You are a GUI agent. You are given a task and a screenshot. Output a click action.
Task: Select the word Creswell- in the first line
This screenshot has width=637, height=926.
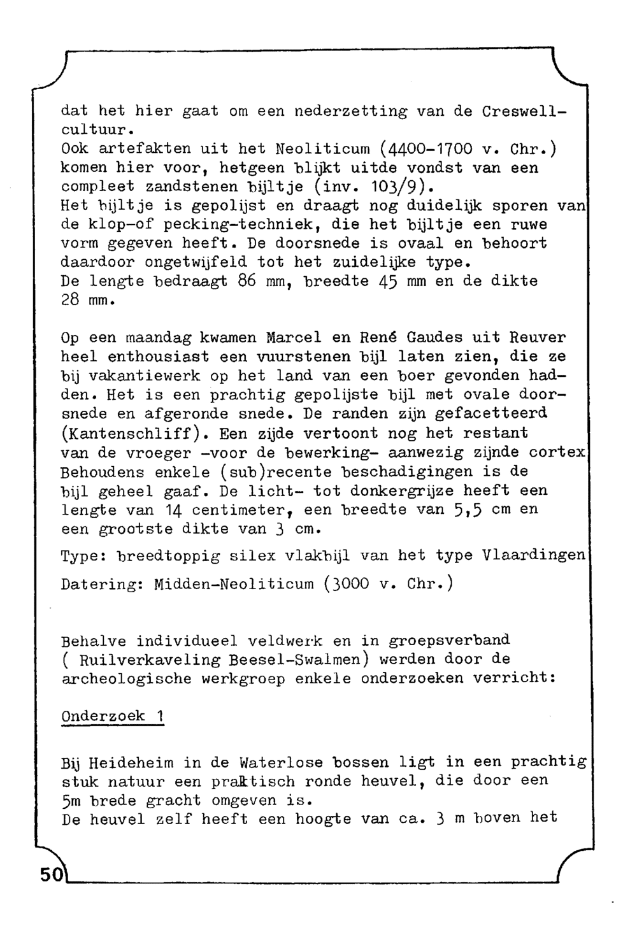pyautogui.click(x=524, y=111)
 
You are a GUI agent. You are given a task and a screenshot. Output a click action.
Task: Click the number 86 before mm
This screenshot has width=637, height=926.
pyautogui.click(x=246, y=281)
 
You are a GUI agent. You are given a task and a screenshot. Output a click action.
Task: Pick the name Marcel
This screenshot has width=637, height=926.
pyautogui.click(x=293, y=338)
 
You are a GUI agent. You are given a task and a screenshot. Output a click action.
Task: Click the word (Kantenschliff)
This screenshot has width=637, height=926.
pyautogui.click(x=136, y=433)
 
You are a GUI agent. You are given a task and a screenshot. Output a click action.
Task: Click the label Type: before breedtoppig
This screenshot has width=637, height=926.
pyautogui.click(x=83, y=555)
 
